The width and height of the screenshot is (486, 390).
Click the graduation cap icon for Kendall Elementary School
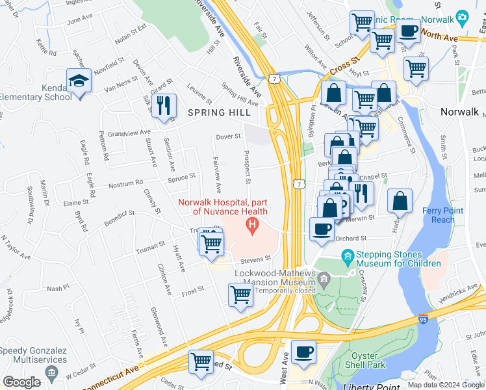click(79, 82)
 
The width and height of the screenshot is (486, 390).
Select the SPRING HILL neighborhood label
click(219, 112)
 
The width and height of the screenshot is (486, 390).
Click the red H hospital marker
click(251, 226)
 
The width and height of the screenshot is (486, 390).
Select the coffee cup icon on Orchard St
click(322, 229)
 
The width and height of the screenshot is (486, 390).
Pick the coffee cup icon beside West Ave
click(303, 352)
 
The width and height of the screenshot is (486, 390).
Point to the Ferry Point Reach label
click(442, 214)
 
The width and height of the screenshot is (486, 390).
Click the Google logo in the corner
click(21, 382)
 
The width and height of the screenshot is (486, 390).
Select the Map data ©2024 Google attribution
click(446, 385)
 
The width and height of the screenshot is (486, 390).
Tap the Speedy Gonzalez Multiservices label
click(34, 355)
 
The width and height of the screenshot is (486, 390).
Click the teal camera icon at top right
click(462, 16)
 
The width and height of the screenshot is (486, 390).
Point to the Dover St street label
click(228, 136)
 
